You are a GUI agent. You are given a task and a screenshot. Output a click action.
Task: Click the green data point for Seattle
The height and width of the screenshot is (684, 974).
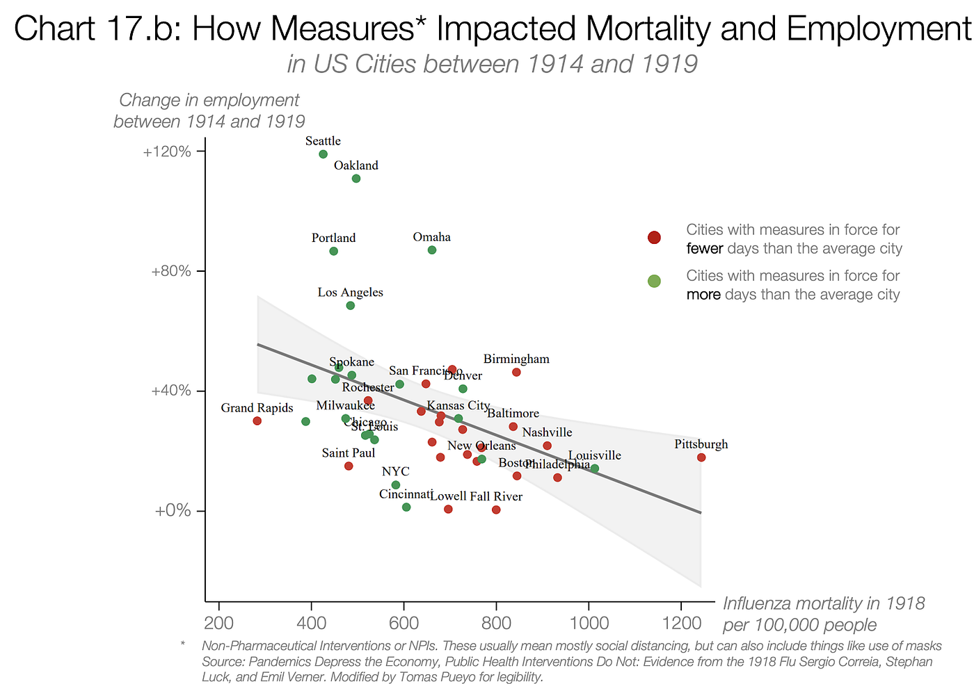click(323, 154)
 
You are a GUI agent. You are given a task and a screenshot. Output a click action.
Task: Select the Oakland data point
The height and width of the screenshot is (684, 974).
click(356, 179)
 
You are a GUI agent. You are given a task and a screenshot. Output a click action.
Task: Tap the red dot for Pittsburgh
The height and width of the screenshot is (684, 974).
click(701, 457)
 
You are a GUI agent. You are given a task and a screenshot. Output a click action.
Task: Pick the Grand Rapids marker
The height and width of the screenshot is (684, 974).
click(257, 421)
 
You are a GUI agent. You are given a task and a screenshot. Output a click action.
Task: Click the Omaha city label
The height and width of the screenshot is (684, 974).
click(431, 237)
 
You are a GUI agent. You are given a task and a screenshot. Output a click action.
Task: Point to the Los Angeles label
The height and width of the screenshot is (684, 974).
click(350, 292)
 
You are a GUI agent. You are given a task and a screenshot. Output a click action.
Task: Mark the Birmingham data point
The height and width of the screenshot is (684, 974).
click(516, 372)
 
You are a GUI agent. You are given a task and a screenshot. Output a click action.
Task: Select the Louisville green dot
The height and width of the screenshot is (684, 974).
click(595, 469)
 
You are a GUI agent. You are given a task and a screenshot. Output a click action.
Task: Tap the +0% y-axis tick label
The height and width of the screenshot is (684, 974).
click(173, 511)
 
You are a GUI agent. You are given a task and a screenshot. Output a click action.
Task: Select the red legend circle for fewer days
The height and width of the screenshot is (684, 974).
click(654, 238)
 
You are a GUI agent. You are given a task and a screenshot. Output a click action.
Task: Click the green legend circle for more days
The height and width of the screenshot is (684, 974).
click(654, 281)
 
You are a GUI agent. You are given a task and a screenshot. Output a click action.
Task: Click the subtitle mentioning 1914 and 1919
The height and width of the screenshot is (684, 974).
click(492, 64)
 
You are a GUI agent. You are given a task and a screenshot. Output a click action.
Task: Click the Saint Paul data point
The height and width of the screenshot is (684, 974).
click(349, 466)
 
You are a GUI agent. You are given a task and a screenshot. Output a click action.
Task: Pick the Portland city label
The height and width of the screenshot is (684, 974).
click(333, 238)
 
